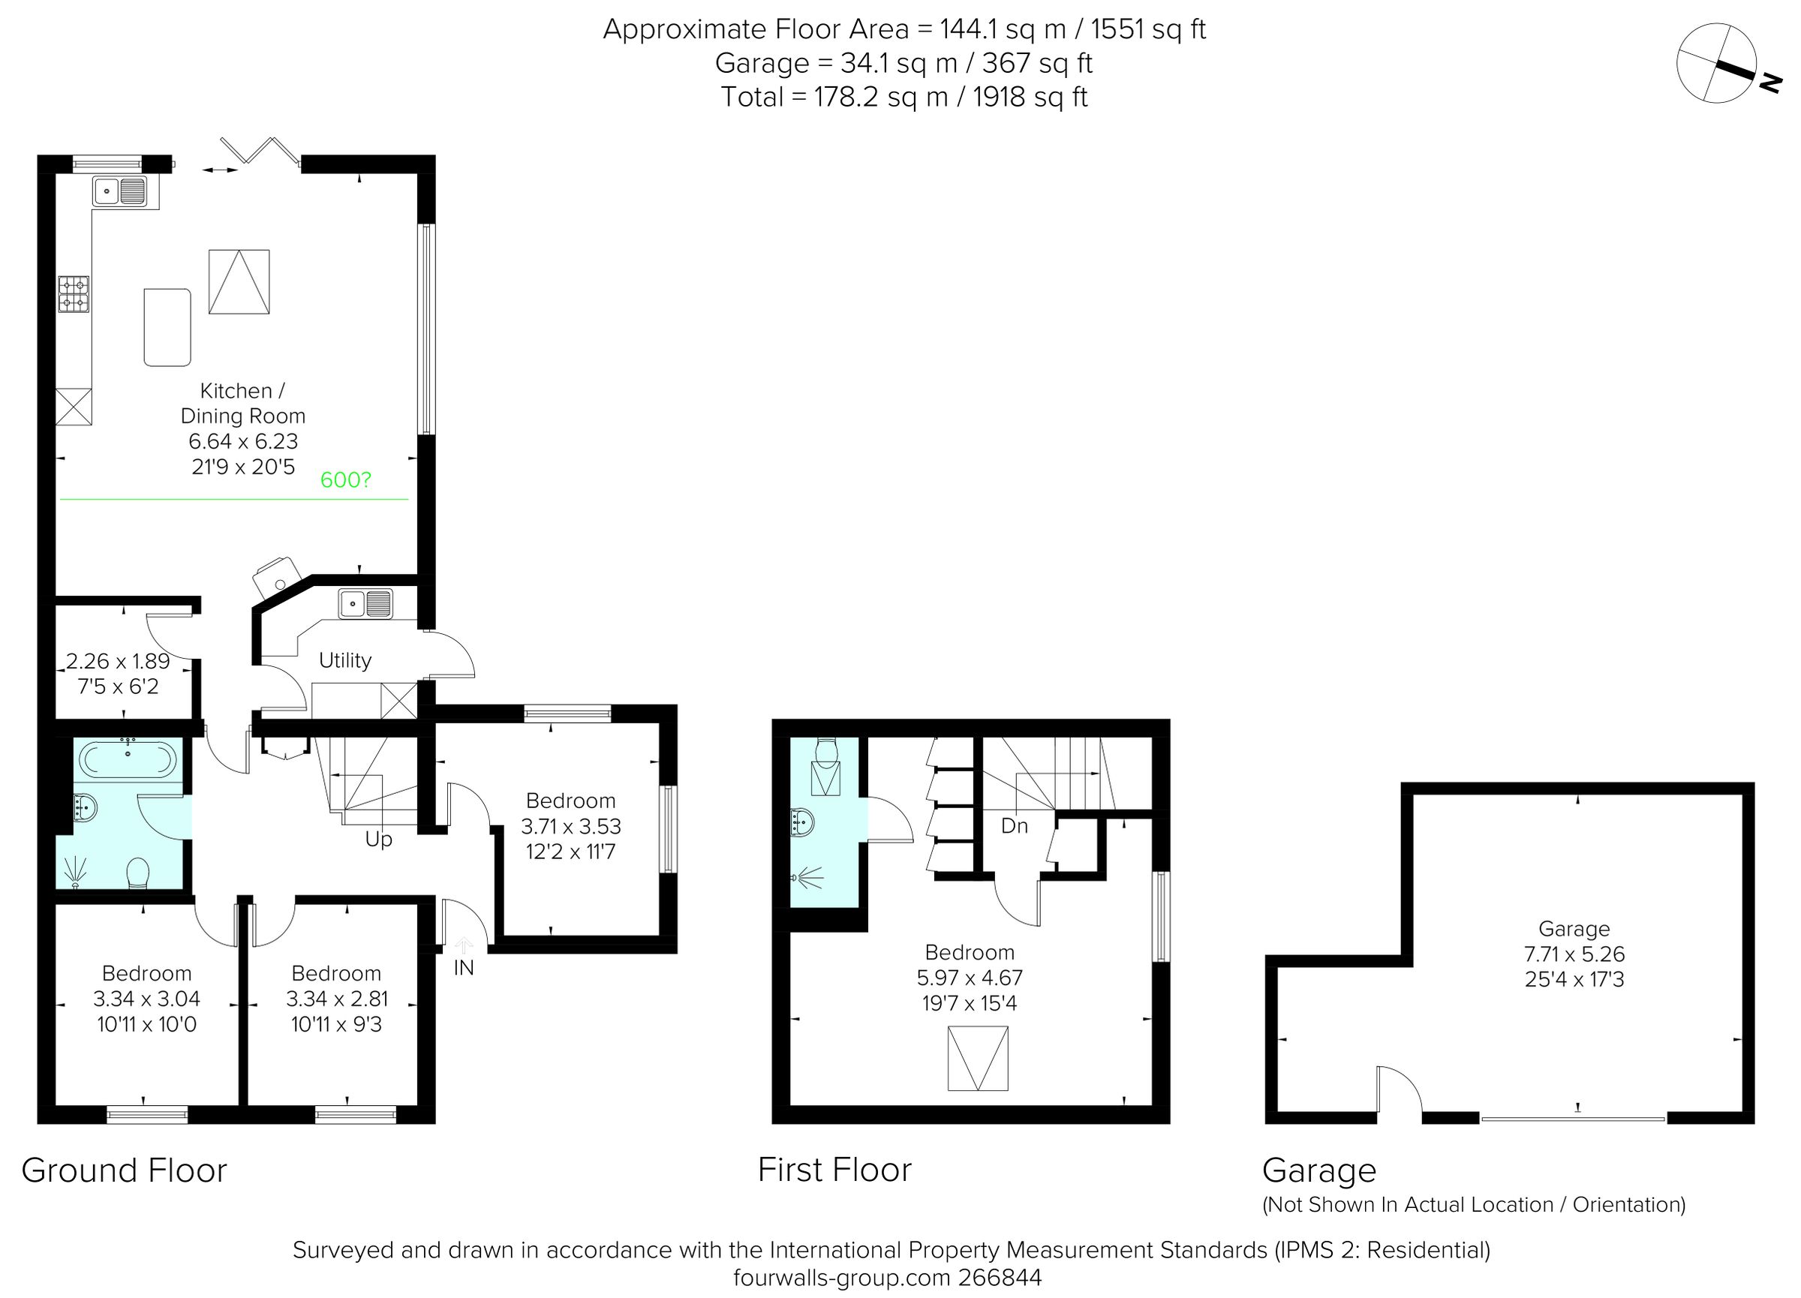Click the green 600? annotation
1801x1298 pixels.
345,480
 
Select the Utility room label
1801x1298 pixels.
344,660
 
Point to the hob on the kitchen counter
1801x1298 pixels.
74,293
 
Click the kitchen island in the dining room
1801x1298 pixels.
167,327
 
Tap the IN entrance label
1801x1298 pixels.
464,969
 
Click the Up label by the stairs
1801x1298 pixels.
379,839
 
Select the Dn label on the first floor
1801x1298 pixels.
1014,826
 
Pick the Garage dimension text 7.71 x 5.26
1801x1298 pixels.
1574,954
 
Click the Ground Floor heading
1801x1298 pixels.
124,1171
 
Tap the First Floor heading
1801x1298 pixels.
834,1170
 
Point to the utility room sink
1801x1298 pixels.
365,603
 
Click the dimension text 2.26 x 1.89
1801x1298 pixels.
118,661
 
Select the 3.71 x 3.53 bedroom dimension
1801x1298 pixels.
570,826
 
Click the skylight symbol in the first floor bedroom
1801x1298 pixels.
978,1058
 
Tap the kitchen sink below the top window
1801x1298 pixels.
120,191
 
